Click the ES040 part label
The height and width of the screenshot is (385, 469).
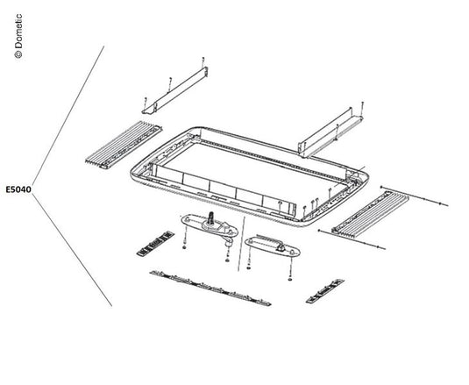(x=18, y=189)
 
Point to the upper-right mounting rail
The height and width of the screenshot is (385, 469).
(x=332, y=128)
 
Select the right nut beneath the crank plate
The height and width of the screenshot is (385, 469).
(x=226, y=260)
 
